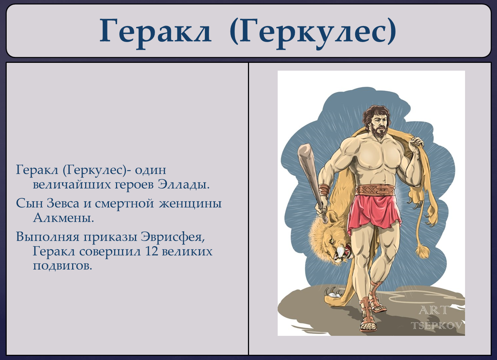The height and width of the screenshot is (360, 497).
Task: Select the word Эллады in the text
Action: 183,185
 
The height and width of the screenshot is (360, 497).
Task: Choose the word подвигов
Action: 62,266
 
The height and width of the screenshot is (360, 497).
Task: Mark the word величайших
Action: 71,185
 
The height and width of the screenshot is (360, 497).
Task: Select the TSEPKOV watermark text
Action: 437,326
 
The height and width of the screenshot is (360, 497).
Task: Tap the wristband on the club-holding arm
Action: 324,190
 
